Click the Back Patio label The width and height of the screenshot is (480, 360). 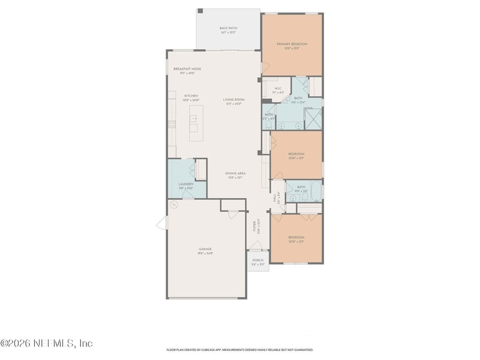pos(227,30)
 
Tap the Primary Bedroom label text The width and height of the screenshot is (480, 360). pos(292,46)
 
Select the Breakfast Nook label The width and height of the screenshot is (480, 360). pos(187,71)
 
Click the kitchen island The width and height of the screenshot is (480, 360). pos(196,122)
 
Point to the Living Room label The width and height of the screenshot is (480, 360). pos(234,101)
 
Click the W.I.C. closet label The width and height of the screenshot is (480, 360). pos(278,91)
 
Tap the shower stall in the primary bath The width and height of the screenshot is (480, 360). pos(313,119)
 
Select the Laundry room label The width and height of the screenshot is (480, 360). pos(185,186)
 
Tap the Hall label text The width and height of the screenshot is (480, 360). pos(275,197)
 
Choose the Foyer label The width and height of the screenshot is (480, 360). pos(255,227)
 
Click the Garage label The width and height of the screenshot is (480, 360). pos(205,251)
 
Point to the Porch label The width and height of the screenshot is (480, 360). pos(257,262)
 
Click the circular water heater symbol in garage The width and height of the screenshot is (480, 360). pos(175,204)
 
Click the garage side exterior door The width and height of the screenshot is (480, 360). pos(161,223)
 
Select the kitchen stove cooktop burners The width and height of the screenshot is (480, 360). pos(172,125)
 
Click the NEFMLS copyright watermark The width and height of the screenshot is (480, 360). pos(47,343)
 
